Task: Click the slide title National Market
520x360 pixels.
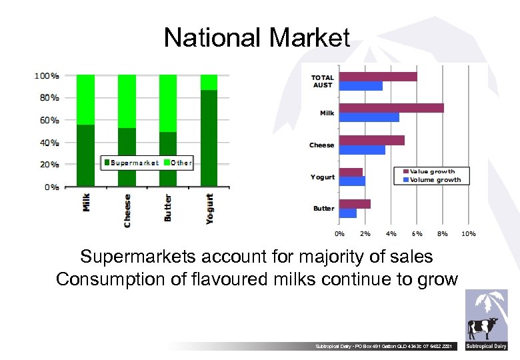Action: (x=257, y=37)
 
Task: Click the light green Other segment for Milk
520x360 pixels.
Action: (x=85, y=99)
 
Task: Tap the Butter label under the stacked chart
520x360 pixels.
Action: (x=168, y=207)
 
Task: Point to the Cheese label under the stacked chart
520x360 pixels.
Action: (x=127, y=210)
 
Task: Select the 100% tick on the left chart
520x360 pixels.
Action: (x=46, y=76)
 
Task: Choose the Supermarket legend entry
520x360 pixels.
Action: (x=130, y=163)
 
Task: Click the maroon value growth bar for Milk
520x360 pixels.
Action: (x=391, y=108)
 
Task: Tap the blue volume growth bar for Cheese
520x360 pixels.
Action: (x=362, y=150)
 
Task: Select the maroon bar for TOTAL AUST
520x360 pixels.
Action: (x=378, y=77)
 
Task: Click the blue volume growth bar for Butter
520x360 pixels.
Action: (x=348, y=213)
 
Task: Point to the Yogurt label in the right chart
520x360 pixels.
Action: (x=323, y=177)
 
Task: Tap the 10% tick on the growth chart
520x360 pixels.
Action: (x=469, y=234)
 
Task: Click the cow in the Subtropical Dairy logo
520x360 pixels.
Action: (x=483, y=328)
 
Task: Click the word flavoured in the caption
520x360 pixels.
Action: (x=223, y=279)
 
